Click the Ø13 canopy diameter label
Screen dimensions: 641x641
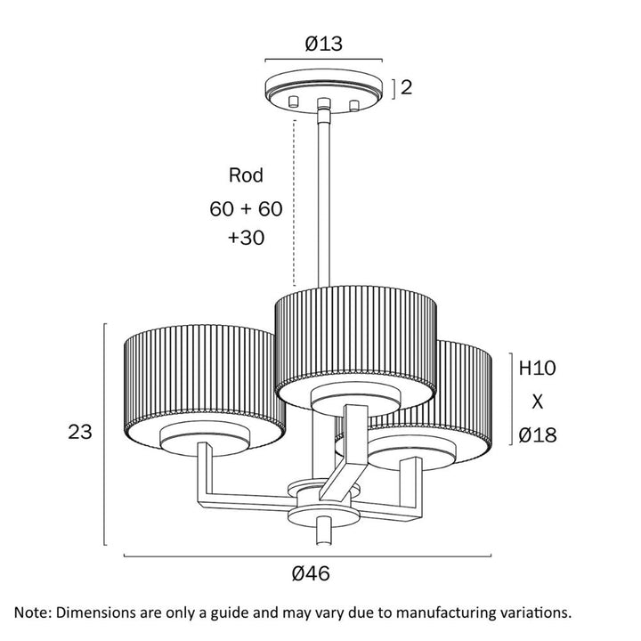(324, 42)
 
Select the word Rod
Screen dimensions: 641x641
(247, 175)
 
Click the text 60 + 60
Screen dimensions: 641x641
(246, 209)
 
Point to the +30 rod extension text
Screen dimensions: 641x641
(246, 239)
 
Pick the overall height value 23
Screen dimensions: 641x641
(81, 433)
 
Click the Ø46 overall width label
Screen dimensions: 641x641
(311, 574)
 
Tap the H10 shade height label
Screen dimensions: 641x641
(537, 367)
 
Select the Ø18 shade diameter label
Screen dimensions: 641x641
(537, 435)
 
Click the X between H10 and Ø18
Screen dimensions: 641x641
(537, 401)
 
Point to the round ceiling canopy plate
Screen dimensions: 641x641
(323, 87)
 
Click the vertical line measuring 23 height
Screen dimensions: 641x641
(106, 434)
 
